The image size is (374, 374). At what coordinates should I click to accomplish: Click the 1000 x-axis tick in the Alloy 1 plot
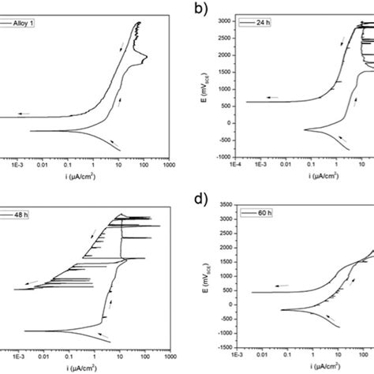(x=169, y=166)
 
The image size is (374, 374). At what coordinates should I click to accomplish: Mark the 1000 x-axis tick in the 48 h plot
(x=169, y=355)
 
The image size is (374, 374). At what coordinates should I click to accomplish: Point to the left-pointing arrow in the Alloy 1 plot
(x=23, y=114)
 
